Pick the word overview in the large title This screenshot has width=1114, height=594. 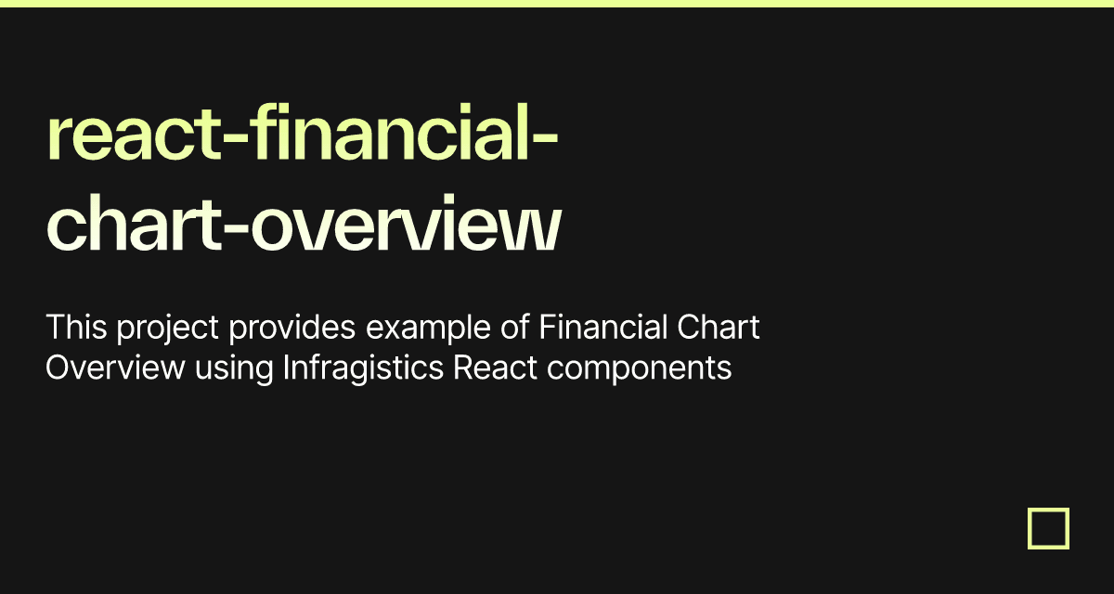tap(406, 227)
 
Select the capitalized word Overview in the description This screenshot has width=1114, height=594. tap(115, 368)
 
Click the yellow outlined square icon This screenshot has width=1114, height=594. tap(1048, 528)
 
